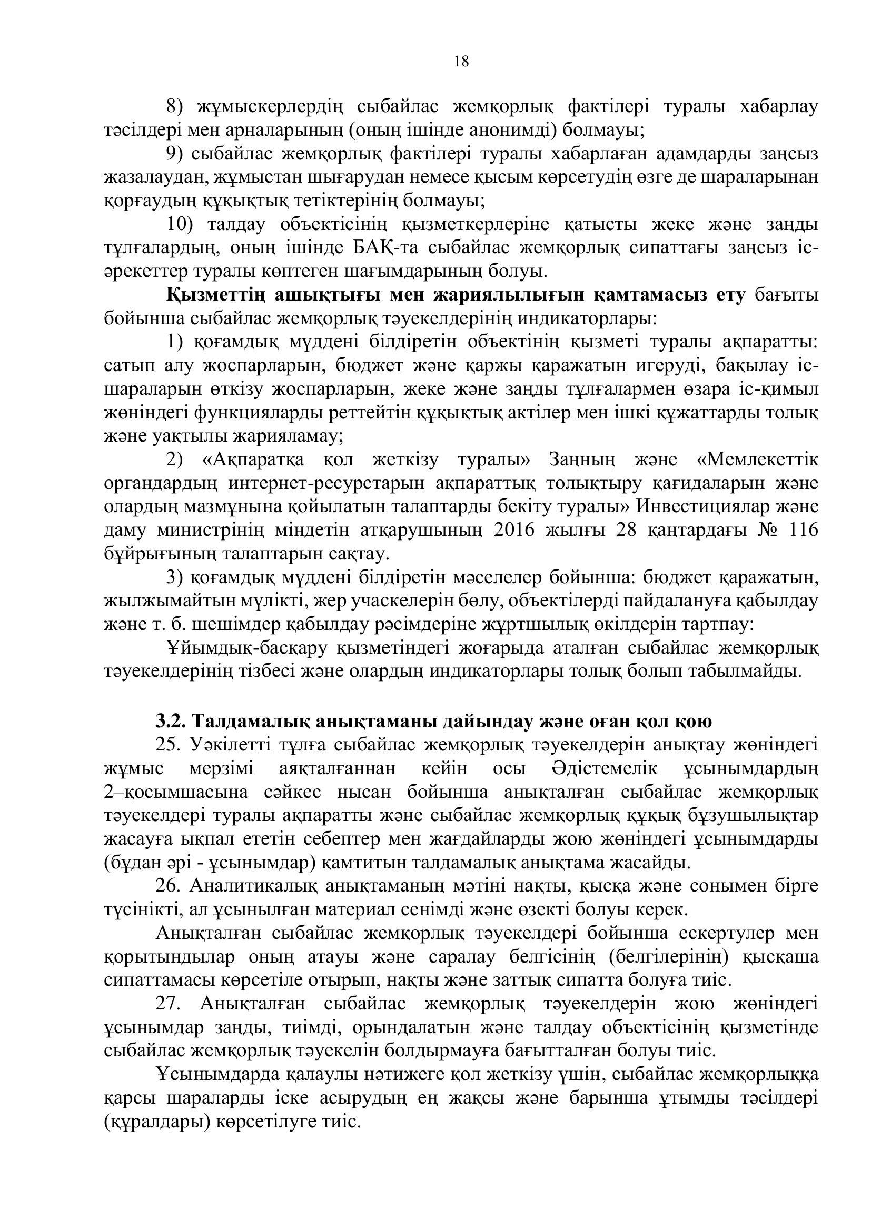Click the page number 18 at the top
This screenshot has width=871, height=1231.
[461, 62]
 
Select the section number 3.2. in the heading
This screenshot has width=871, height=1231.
[171, 722]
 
